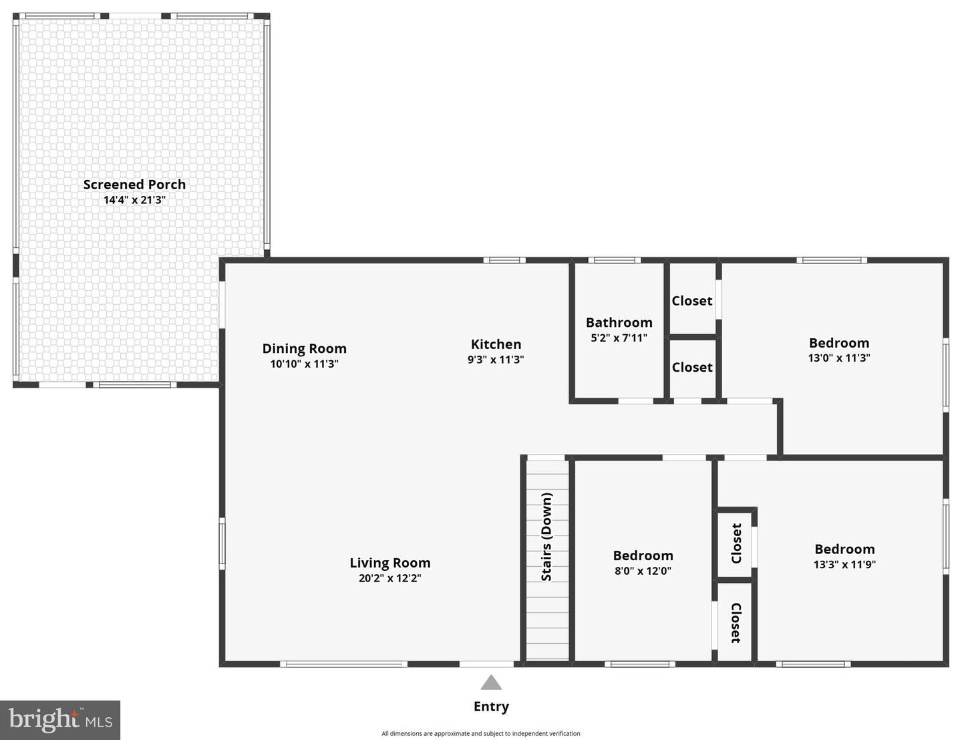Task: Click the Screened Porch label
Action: [x=134, y=184]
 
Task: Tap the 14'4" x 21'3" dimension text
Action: [x=134, y=200]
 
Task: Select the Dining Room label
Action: [x=304, y=348]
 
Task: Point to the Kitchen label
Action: [x=496, y=344]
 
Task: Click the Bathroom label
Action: [x=619, y=322]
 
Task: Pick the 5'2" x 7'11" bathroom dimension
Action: [x=619, y=338]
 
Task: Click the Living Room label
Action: [x=389, y=563]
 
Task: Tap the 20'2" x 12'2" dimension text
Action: [x=389, y=578]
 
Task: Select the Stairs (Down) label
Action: [x=546, y=537]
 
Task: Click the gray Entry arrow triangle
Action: [x=491, y=683]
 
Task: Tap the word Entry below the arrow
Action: [x=491, y=707]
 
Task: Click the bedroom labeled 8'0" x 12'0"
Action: [x=643, y=563]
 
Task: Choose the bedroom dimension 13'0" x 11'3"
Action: [x=839, y=358]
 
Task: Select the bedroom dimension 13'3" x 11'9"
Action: [x=844, y=564]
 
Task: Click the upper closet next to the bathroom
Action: [x=692, y=301]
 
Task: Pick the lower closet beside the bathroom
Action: [x=692, y=367]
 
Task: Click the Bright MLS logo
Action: [x=60, y=720]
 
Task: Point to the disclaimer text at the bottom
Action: [x=480, y=733]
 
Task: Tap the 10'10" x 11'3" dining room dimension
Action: [x=304, y=364]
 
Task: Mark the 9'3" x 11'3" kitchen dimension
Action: [x=496, y=360]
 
